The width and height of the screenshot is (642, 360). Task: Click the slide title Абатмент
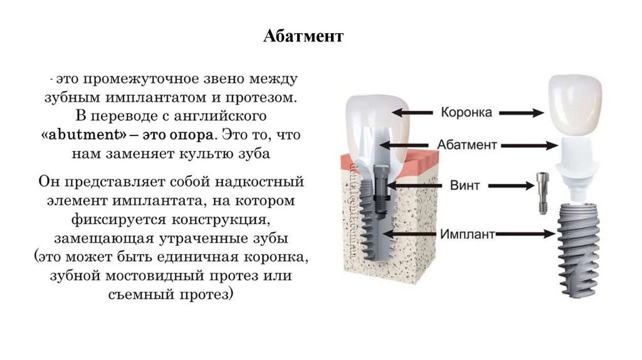(x=303, y=36)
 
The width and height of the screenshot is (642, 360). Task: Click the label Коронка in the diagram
(x=466, y=113)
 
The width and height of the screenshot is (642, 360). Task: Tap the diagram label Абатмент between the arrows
(x=466, y=145)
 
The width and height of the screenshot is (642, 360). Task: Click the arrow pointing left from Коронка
(x=413, y=113)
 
